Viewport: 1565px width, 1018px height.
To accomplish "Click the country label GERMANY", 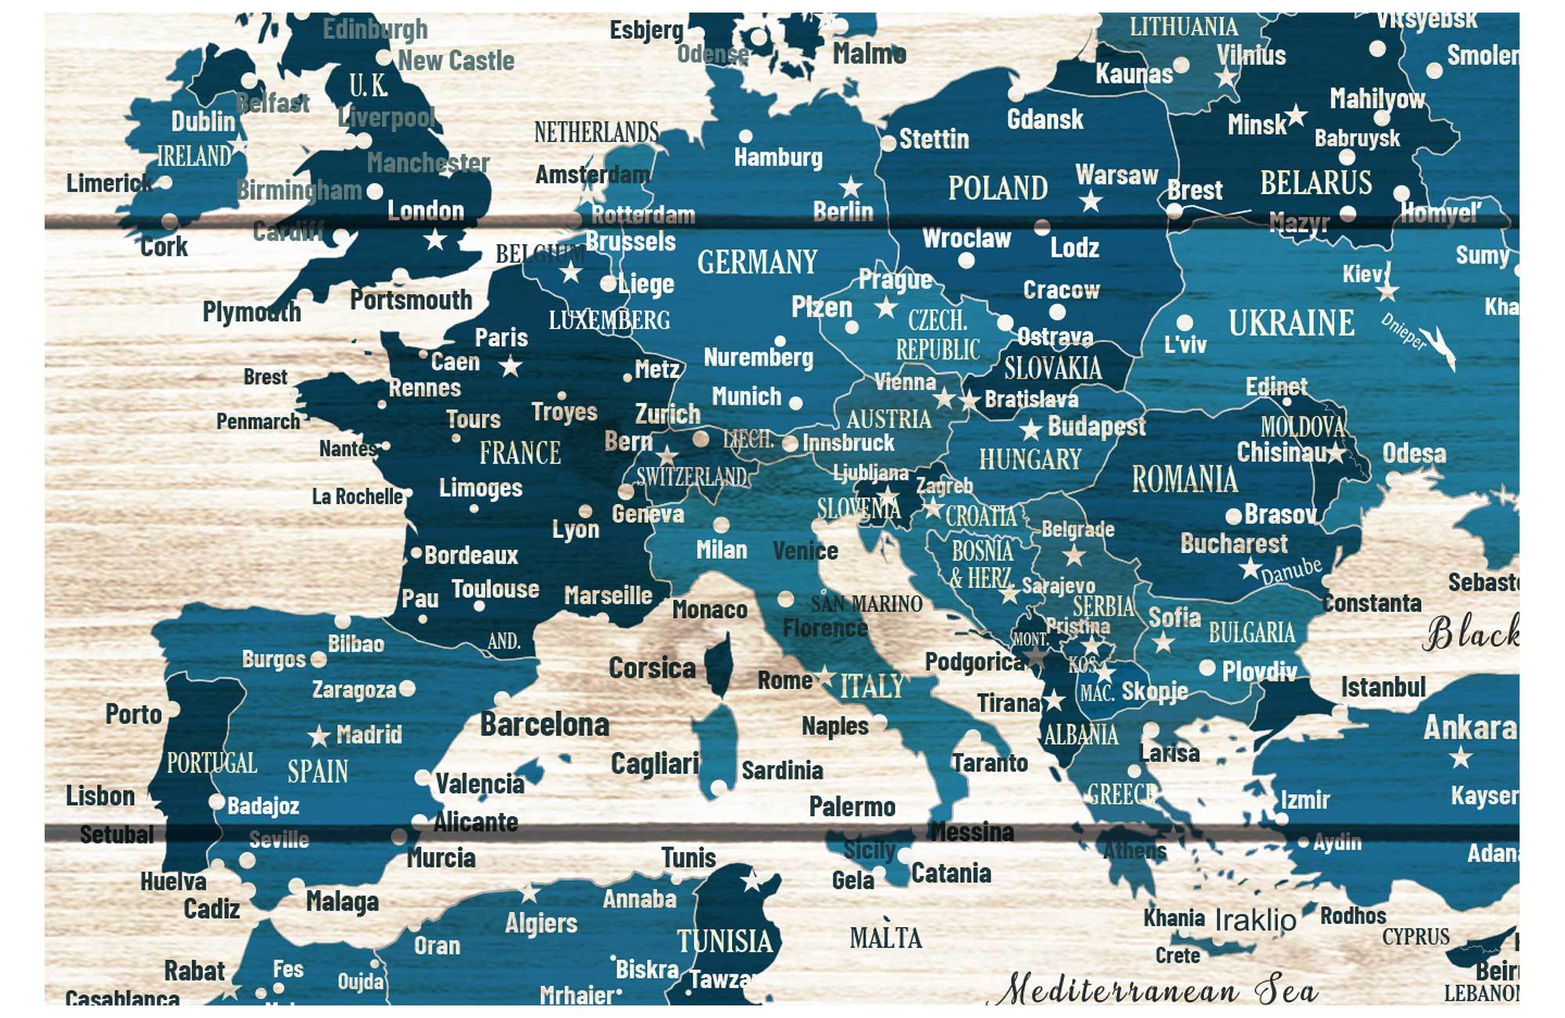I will click(757, 262).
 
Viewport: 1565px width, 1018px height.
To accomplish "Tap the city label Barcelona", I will click(545, 724).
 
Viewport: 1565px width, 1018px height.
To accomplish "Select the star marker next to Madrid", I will click(318, 736).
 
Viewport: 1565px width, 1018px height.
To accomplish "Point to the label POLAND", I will click(998, 188).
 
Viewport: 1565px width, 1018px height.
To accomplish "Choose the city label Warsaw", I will click(1116, 175).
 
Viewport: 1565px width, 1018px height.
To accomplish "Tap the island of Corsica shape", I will click(719, 666).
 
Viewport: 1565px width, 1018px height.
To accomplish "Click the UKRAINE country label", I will click(1291, 323).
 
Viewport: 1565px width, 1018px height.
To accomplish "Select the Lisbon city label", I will click(100, 796).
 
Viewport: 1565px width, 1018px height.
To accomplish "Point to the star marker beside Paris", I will click(511, 366).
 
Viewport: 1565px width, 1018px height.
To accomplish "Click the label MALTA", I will click(886, 937).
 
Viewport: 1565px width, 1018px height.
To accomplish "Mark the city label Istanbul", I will click(1383, 688).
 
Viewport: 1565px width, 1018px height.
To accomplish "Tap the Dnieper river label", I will click(1404, 331).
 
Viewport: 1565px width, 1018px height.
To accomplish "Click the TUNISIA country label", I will click(725, 940).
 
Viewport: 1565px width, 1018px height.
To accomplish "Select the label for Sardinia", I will click(782, 771).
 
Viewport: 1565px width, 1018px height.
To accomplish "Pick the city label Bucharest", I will click(1233, 543).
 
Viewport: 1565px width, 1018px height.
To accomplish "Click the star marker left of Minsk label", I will click(1297, 115).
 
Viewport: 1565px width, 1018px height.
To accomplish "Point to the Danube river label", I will click(1291, 572).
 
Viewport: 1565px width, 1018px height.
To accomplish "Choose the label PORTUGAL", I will click(211, 763).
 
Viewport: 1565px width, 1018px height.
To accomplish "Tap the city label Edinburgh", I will click(375, 29).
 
